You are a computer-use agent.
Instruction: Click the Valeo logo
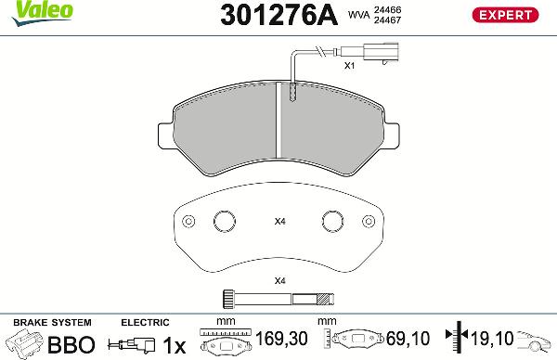coord(42,13)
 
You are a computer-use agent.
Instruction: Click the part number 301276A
coord(278,15)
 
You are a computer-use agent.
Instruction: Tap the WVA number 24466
coord(387,9)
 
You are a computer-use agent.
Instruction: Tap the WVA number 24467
coord(387,19)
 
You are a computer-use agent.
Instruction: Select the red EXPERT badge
coord(505,15)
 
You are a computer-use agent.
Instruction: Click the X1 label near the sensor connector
coord(350,65)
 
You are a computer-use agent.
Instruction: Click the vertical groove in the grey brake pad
coord(278,120)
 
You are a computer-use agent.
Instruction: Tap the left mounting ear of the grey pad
coord(165,136)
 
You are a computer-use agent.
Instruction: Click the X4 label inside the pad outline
coord(280,222)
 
